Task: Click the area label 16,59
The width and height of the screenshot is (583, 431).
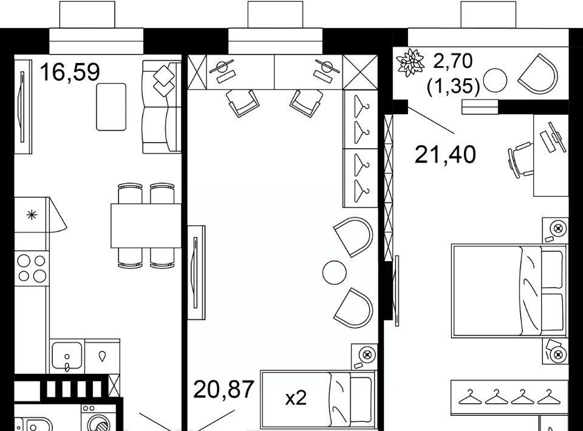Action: (70, 72)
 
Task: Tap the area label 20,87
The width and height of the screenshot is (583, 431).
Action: (224, 389)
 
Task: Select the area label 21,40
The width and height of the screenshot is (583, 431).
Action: (445, 155)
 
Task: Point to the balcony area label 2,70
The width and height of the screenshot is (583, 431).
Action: (453, 61)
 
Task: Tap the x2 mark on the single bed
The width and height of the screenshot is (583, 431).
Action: (296, 399)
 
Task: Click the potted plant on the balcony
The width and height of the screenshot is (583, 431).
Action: (410, 63)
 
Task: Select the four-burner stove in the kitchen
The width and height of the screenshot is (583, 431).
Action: (32, 268)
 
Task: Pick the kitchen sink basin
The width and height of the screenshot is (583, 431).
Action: (67, 356)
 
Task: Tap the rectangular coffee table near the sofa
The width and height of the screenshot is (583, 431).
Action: (111, 107)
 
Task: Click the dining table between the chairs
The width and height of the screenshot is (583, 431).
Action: (146, 226)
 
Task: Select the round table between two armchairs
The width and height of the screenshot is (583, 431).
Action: (334, 273)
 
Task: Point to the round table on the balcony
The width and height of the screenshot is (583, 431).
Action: (495, 80)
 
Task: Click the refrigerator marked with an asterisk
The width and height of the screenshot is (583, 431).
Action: (32, 215)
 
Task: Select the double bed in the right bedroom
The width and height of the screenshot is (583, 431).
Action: (510, 291)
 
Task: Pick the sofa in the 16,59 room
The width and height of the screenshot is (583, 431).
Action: (162, 107)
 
